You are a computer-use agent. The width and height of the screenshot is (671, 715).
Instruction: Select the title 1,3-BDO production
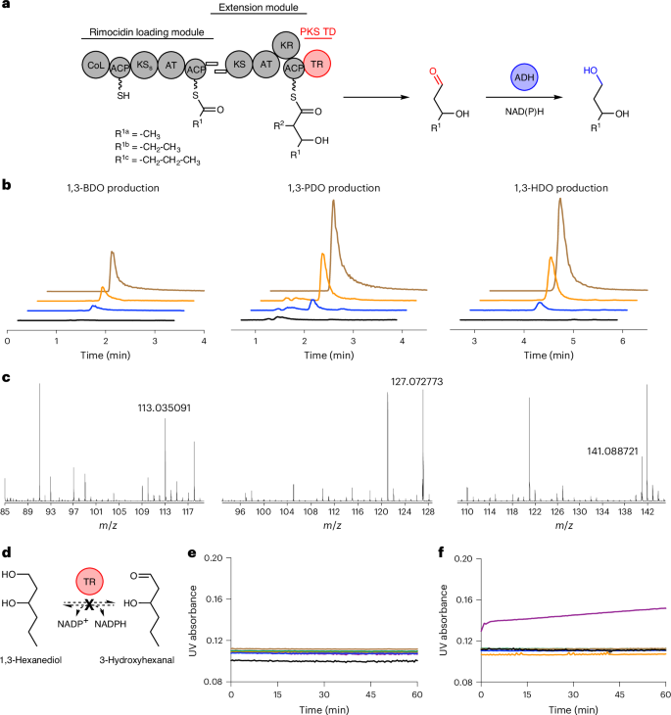click(x=106, y=187)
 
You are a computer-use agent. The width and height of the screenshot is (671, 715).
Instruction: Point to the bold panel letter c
click(x=7, y=379)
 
